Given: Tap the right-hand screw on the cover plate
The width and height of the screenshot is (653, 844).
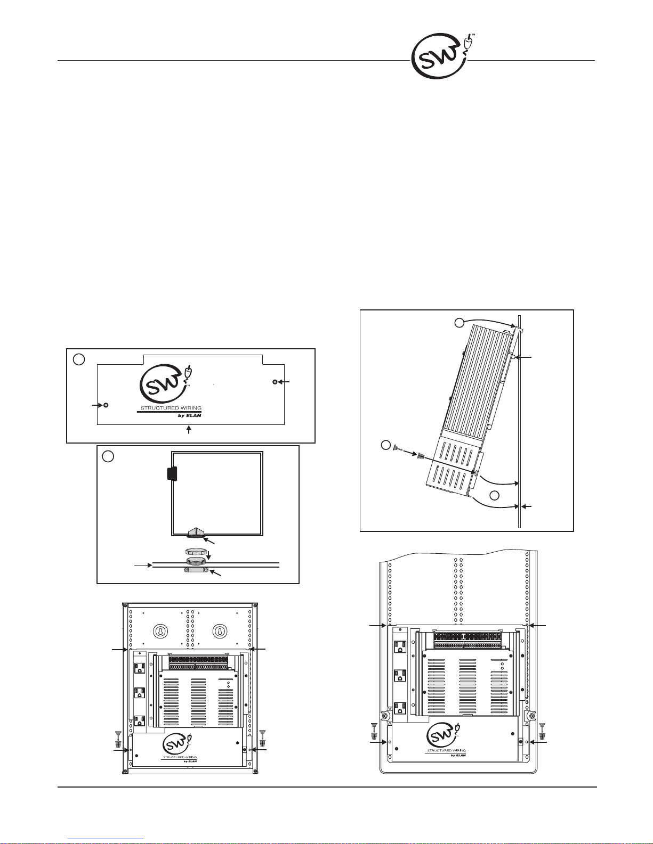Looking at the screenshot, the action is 275,382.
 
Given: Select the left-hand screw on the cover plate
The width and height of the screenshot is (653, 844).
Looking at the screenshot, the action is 106,405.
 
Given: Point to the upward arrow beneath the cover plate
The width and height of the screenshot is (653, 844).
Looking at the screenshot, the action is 189,430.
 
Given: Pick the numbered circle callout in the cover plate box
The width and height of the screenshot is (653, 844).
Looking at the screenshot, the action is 79,359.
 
